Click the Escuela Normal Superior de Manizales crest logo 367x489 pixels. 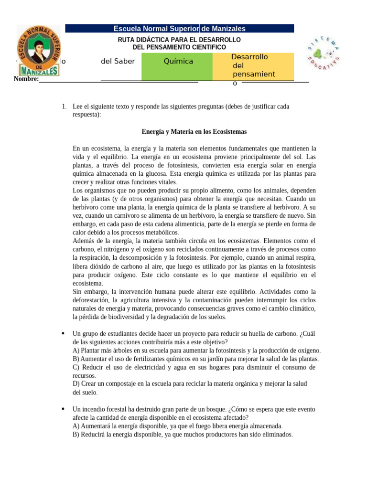[38, 52]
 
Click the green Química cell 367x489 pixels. [178, 62]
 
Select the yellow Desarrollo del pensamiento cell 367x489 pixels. [253, 66]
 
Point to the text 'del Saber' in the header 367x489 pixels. [118, 61]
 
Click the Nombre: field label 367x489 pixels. [26, 79]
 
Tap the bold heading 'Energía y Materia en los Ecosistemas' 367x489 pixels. [194, 131]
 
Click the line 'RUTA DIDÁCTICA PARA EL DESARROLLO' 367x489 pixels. [179, 40]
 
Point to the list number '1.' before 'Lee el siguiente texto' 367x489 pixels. [64, 106]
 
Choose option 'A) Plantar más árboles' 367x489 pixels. [196, 351]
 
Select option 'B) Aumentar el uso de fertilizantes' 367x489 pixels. [195, 359]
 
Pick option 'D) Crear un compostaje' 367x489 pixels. [190, 384]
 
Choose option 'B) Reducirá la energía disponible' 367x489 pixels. [183, 435]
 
